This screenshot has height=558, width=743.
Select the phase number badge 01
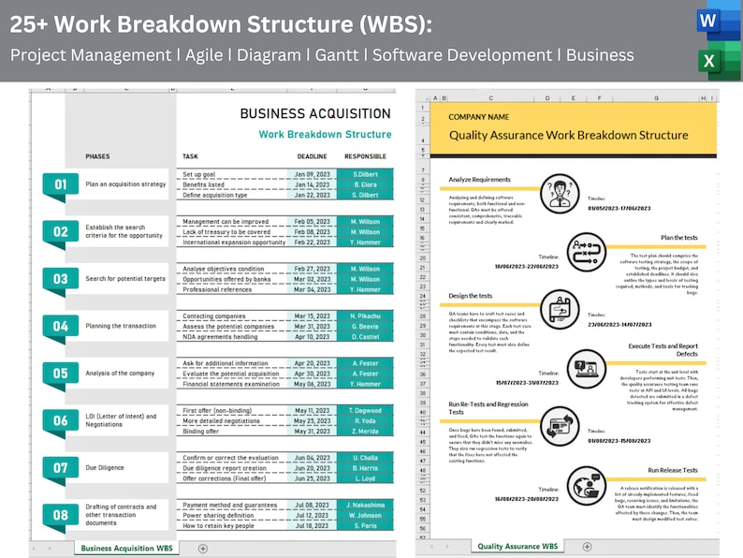pos(59,184)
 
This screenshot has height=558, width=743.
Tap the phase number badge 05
pos(59,374)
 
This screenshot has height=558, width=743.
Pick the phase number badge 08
pos(59,514)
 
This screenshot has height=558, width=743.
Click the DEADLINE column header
pos(312,156)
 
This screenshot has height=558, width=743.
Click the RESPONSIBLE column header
pos(365,156)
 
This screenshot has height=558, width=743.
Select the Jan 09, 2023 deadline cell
pos(312,174)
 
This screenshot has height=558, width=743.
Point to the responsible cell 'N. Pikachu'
pos(365,316)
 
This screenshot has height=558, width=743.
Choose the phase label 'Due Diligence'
pos(105,467)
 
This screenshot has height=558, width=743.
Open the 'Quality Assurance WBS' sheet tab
pos(517,546)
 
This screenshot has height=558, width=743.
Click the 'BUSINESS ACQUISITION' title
pos(315,114)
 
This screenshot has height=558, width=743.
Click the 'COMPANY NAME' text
pos(479,117)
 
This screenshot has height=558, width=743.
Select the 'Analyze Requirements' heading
pos(479,179)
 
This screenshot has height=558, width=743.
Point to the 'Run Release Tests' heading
pos(673,470)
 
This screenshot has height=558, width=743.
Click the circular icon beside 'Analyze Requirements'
pos(560,195)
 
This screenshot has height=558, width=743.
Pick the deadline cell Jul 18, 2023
pos(312,526)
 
